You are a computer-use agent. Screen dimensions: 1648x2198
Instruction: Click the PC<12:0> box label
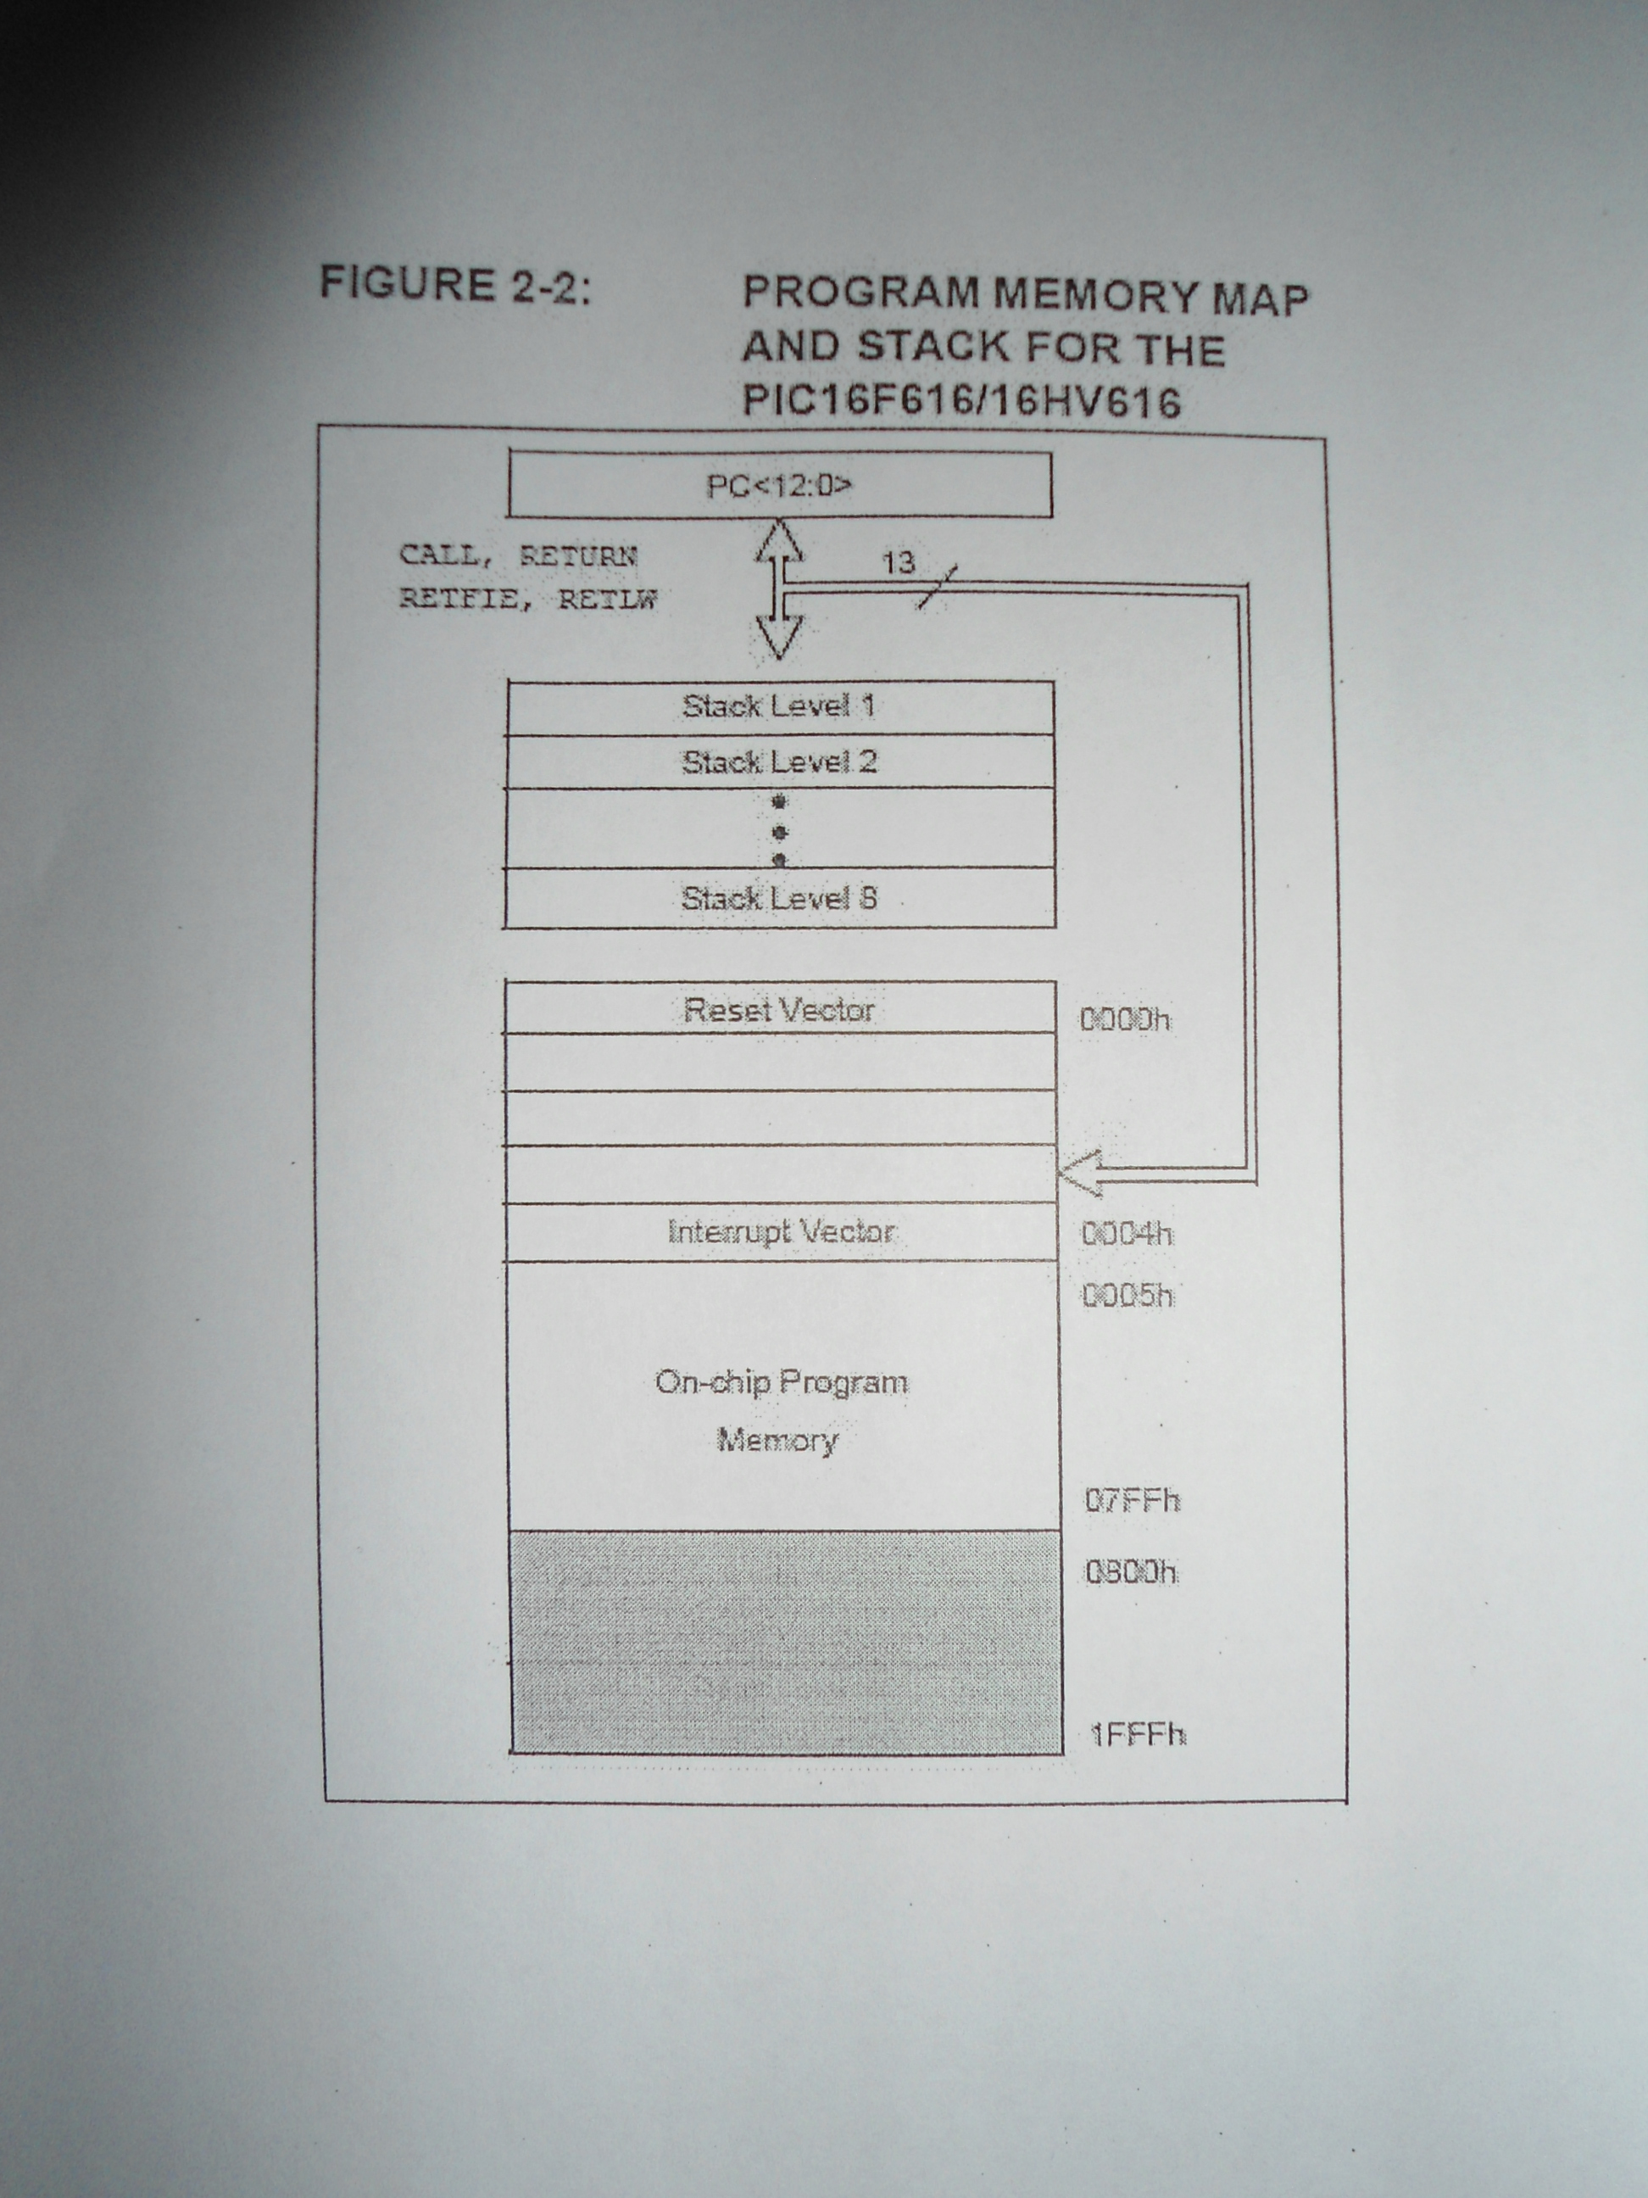coord(779,486)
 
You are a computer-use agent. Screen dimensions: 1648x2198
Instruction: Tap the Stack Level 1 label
coord(779,706)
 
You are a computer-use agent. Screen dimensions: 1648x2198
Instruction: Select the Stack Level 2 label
coord(780,762)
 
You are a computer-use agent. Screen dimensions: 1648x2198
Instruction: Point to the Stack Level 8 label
coord(780,898)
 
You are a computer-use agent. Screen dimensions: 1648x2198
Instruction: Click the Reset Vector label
coord(780,1010)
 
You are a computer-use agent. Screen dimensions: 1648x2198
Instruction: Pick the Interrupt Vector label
coord(782,1232)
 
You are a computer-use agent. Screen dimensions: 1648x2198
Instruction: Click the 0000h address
coord(1126,1019)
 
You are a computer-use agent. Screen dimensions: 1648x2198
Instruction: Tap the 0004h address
coord(1127,1234)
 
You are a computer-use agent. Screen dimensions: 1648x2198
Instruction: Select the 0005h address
coord(1128,1296)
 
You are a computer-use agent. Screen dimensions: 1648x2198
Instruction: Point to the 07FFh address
coord(1133,1499)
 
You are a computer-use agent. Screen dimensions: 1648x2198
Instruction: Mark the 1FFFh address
coord(1139,1735)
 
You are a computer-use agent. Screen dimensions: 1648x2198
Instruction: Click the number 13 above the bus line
coord(899,563)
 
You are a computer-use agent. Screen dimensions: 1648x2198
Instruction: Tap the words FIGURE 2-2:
coord(455,284)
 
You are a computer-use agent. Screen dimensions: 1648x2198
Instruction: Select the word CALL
coord(438,555)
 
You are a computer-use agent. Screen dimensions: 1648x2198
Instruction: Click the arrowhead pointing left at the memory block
coord(1079,1174)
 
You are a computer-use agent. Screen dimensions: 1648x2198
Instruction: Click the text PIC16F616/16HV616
coord(961,400)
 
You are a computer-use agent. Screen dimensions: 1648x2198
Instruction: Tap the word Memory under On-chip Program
coord(778,1440)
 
